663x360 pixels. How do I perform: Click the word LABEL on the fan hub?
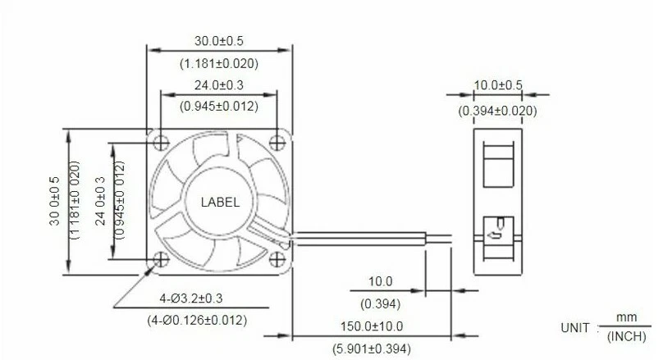(x=221, y=203)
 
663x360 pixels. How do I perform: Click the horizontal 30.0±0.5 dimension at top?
(x=218, y=40)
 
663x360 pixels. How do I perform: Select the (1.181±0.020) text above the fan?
(x=218, y=62)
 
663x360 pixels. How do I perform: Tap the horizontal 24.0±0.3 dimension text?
(x=218, y=84)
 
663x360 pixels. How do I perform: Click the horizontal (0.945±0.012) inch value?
(x=218, y=106)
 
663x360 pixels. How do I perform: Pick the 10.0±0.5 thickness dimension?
(x=498, y=85)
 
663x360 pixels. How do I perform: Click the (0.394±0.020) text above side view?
(x=498, y=111)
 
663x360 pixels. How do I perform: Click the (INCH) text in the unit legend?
(x=626, y=337)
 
